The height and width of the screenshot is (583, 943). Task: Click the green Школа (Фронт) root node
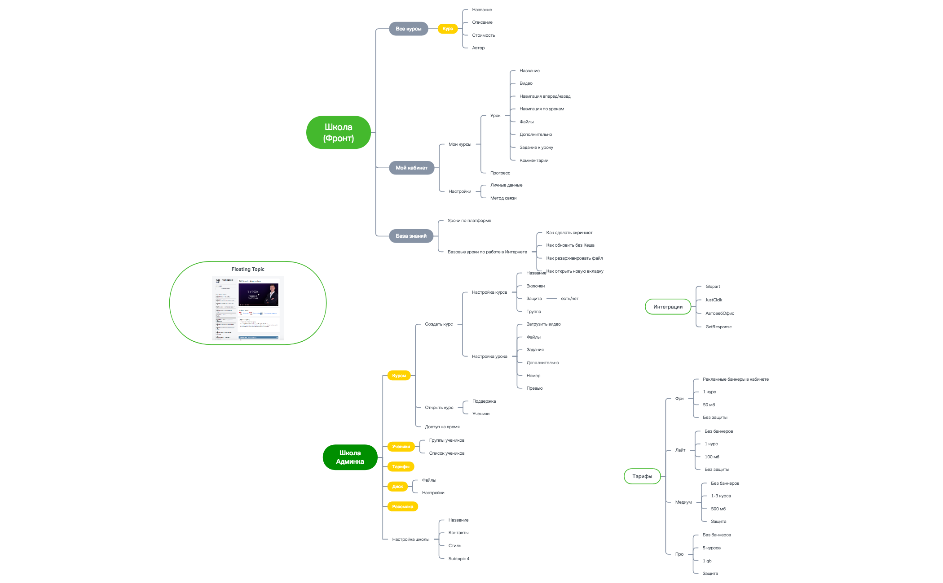[338, 132]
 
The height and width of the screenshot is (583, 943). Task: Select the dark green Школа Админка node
[350, 457]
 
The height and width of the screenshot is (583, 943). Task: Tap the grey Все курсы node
[408, 29]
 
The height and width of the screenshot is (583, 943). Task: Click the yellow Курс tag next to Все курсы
[447, 29]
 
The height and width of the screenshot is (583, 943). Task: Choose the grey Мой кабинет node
[411, 168]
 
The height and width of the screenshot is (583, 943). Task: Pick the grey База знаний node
[411, 236]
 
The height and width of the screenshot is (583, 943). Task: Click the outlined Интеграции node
[668, 307]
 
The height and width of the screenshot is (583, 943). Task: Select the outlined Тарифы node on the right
[642, 476]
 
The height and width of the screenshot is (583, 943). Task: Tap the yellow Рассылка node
[402, 507]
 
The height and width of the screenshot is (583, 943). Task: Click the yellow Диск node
[397, 487]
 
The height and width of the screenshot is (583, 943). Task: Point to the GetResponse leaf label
[718, 327]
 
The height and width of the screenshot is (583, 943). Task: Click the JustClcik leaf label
[714, 300]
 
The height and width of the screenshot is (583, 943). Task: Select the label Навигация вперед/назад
[545, 96]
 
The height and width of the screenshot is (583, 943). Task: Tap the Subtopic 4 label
[458, 559]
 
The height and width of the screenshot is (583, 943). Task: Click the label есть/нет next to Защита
[569, 299]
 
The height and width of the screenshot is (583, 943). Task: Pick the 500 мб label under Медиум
[718, 509]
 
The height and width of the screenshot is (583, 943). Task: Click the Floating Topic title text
[248, 269]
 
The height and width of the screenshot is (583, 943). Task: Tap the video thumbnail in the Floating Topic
[258, 294]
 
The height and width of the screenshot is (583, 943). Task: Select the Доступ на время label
[442, 427]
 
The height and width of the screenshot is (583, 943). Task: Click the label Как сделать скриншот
[569, 233]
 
